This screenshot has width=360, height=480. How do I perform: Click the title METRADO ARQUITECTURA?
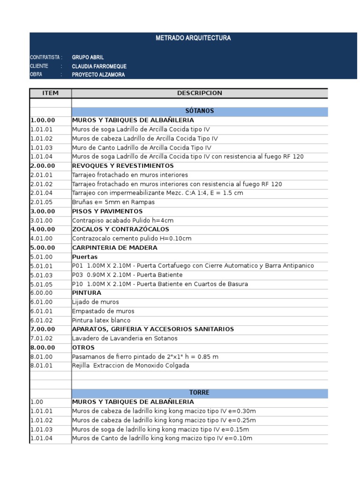tap(193, 38)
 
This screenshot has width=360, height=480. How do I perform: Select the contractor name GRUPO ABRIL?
tap(88, 57)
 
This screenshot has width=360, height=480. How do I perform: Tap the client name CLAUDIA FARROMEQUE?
tap(99, 66)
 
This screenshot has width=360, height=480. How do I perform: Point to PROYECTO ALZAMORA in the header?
tap(98, 75)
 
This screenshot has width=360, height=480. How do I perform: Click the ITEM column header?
tap(51, 93)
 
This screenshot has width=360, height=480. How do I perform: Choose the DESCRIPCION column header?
tap(200, 93)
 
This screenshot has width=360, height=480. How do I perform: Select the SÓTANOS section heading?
tap(200, 111)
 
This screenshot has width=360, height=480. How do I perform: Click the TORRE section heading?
tap(200, 393)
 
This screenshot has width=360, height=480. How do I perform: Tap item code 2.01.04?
tap(42, 193)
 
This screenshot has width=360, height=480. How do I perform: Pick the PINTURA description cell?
tap(87, 293)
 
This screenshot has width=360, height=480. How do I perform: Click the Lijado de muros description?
tap(96, 302)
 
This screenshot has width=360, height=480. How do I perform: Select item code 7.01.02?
tap(42, 338)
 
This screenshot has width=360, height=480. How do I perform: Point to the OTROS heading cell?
tap(83, 347)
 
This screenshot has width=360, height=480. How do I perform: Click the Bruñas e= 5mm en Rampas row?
tap(113, 202)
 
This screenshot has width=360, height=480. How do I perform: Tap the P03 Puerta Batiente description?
tap(127, 275)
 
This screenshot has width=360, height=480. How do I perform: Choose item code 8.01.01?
tap(42, 366)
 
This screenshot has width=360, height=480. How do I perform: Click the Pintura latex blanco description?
tap(101, 320)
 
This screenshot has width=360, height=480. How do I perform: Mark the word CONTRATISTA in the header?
tap(44, 57)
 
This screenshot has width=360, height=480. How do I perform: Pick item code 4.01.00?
tap(42, 239)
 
